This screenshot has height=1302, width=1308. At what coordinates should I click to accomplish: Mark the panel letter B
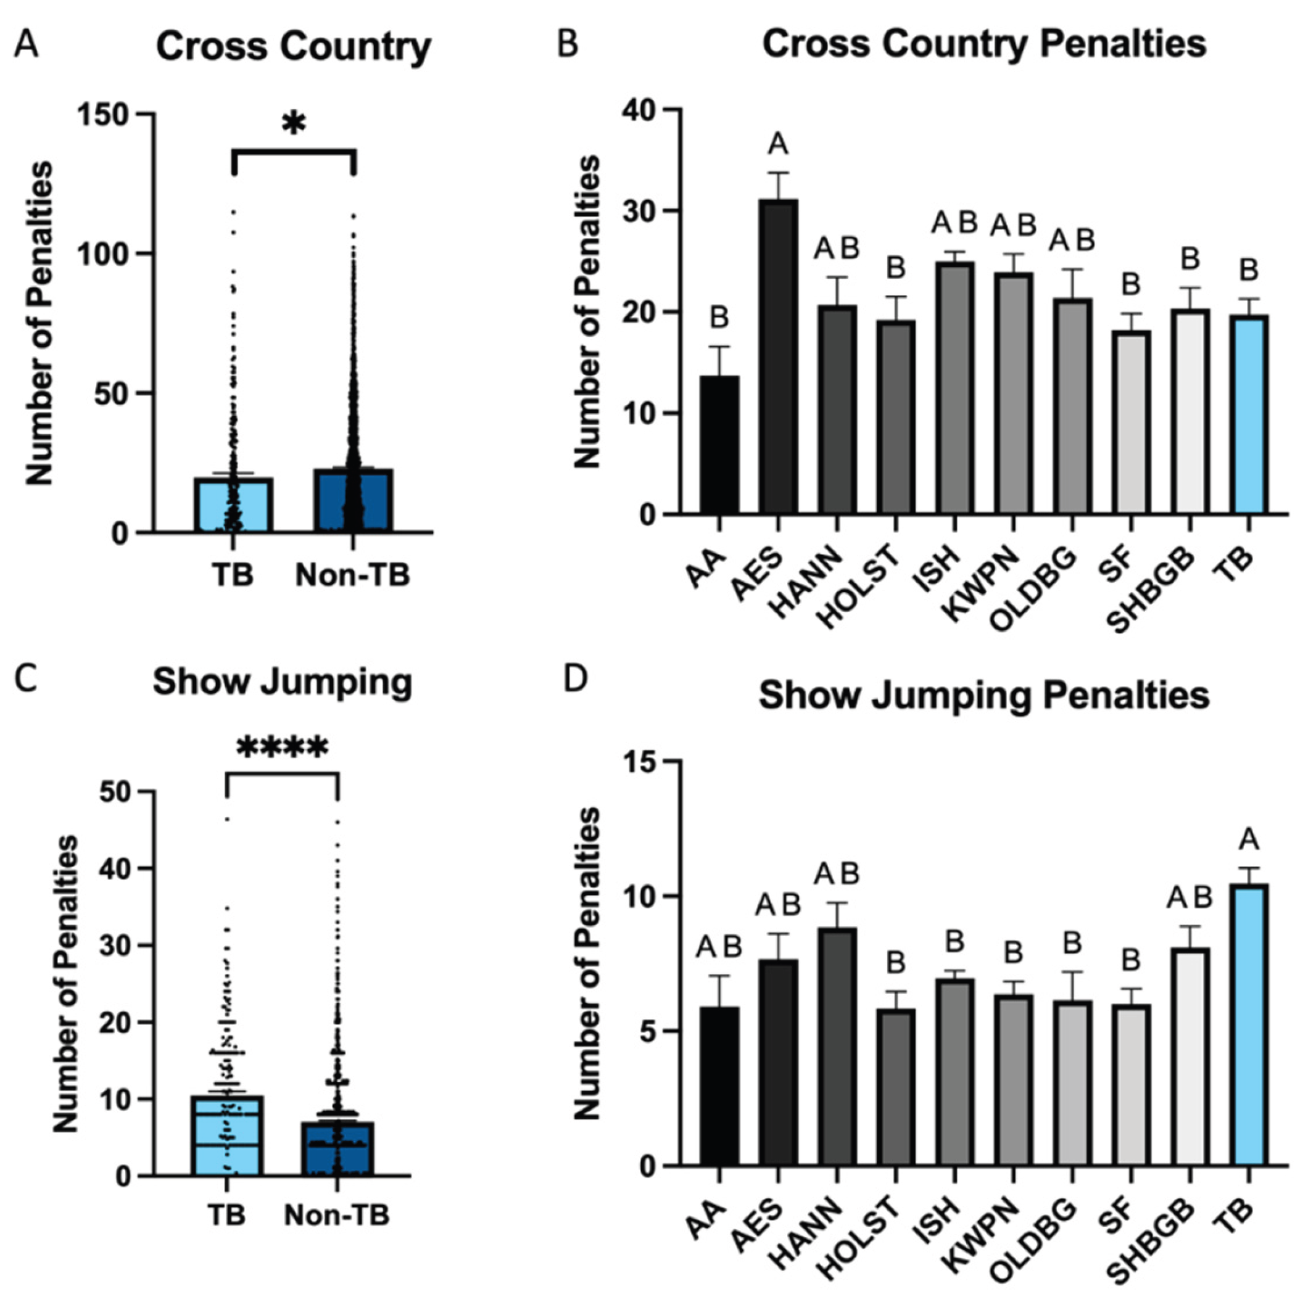pyautogui.click(x=568, y=44)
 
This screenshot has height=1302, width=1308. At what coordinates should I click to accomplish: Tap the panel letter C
pyautogui.click(x=26, y=680)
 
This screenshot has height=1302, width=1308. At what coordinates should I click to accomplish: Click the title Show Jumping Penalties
pyautogui.click(x=983, y=696)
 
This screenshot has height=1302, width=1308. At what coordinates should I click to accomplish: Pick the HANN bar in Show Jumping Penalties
pyautogui.click(x=837, y=1047)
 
